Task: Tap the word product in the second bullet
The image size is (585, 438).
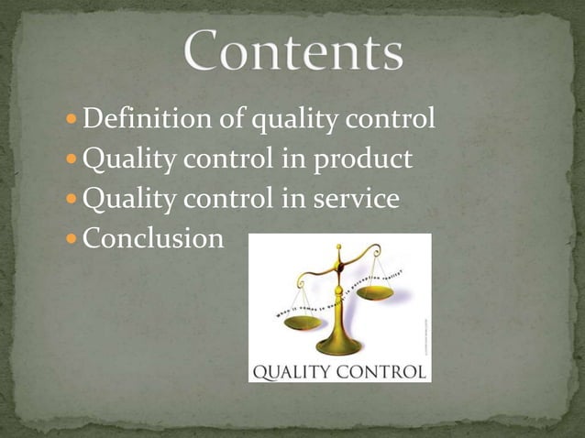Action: (x=366, y=160)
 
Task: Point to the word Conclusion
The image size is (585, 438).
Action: (x=153, y=239)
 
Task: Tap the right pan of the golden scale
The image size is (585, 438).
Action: (x=374, y=293)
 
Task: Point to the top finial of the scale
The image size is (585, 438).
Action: (x=339, y=248)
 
